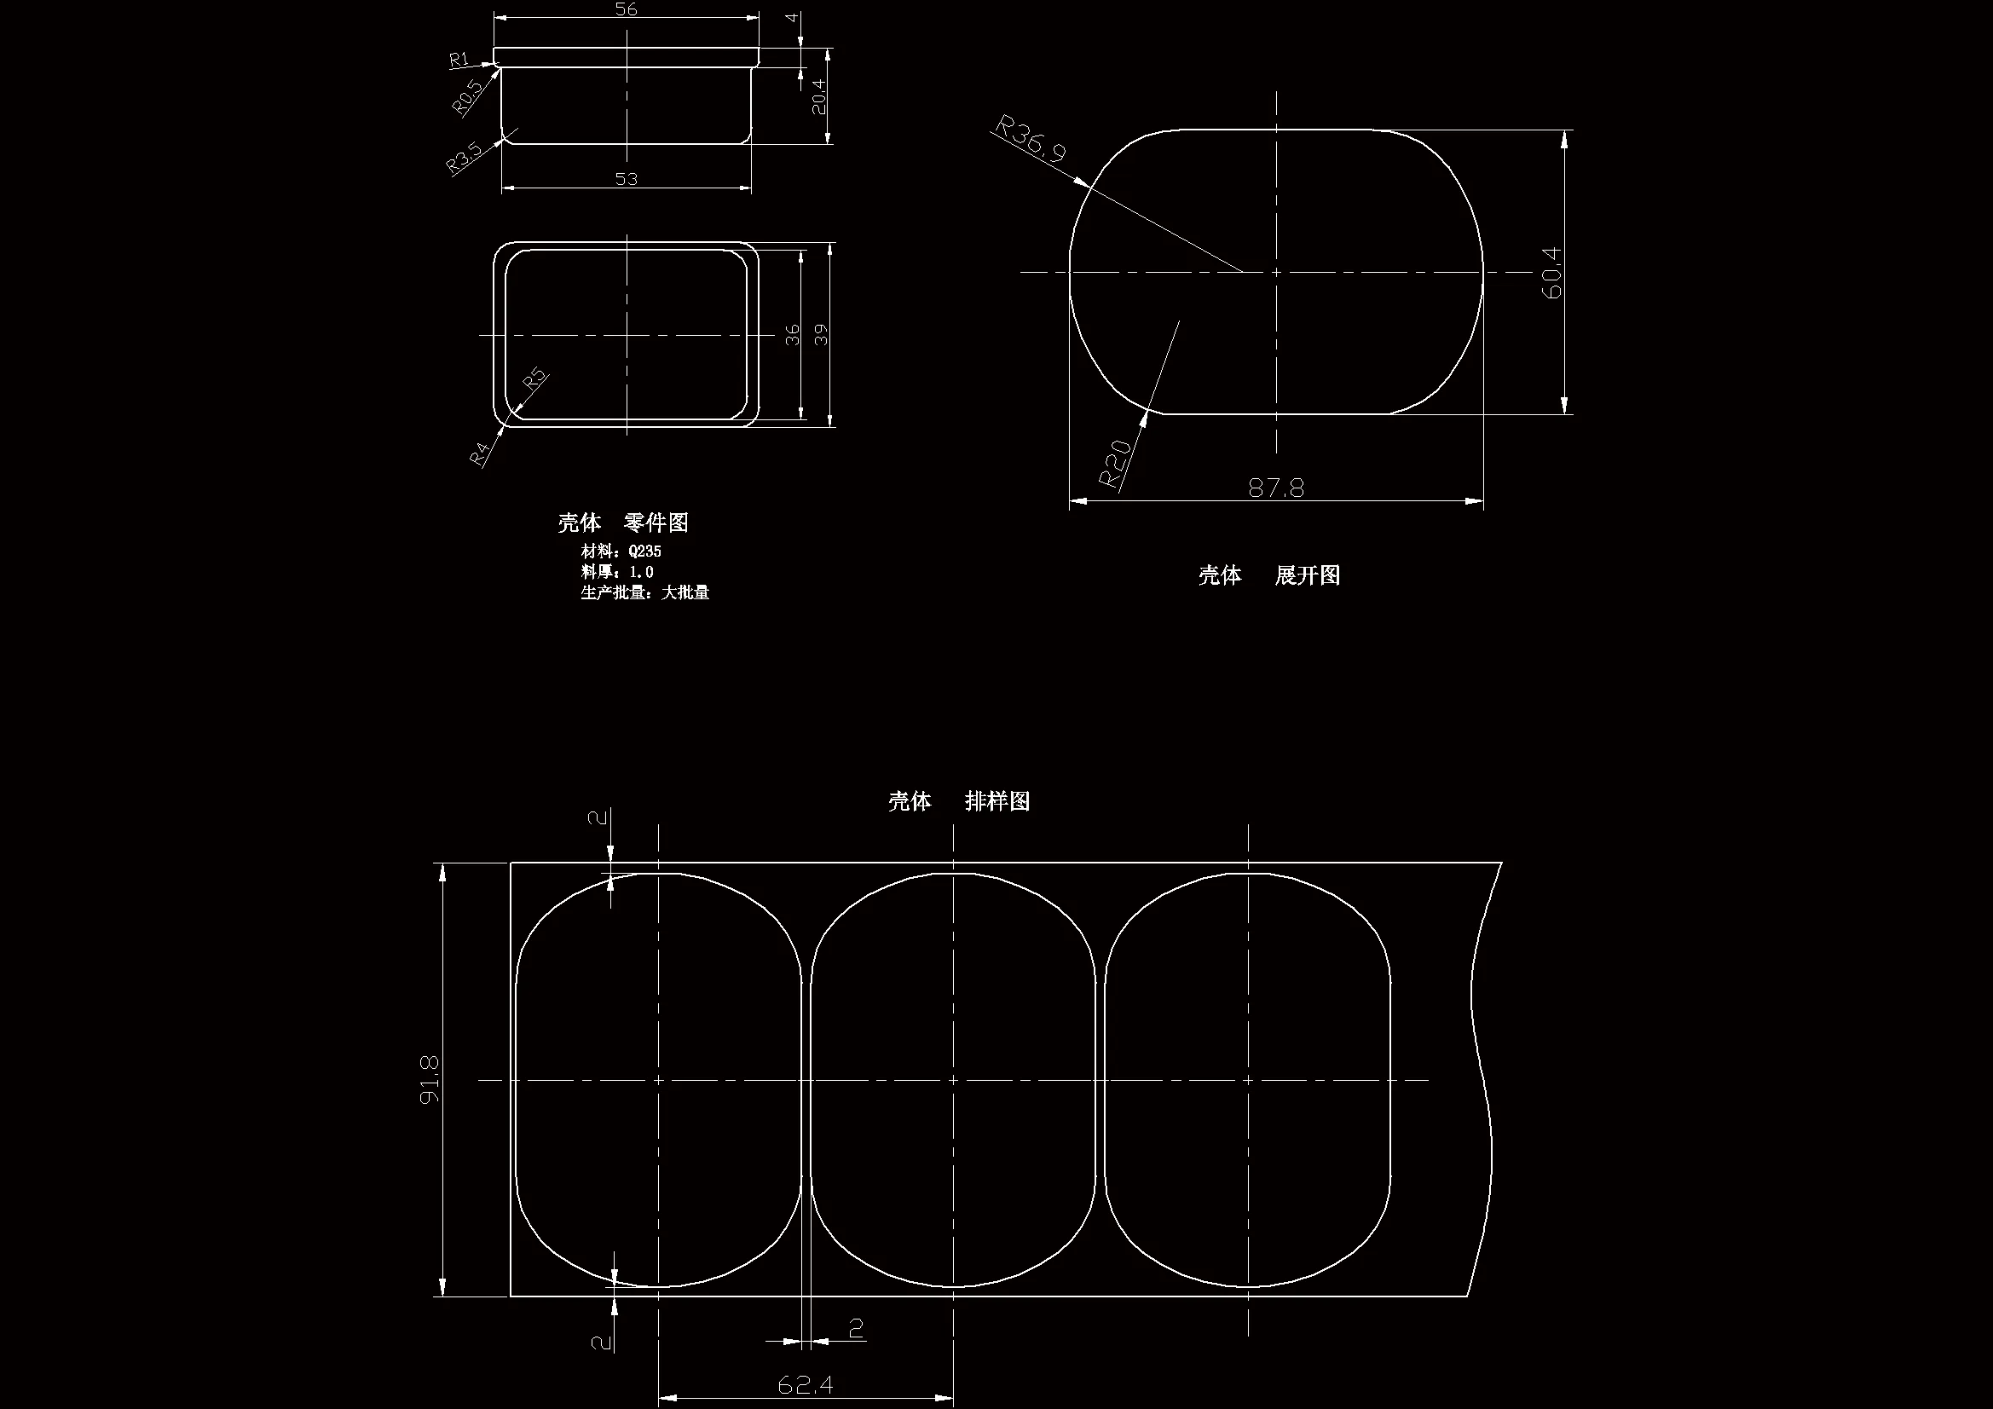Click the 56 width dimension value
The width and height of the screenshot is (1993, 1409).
(x=626, y=9)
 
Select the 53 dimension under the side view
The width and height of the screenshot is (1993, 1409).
(x=626, y=179)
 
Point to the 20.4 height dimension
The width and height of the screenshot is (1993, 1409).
(x=818, y=97)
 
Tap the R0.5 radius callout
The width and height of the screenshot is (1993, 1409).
(x=467, y=97)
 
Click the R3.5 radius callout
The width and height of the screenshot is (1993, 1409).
(x=464, y=158)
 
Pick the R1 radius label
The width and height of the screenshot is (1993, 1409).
(x=459, y=59)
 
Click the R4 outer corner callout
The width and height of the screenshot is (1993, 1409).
(x=480, y=453)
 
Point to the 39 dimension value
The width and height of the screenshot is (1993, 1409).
(x=821, y=334)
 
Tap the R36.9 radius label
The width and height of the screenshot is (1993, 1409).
(x=1031, y=139)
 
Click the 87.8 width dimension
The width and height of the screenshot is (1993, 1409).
(x=1276, y=488)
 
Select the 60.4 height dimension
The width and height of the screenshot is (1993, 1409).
(x=1551, y=273)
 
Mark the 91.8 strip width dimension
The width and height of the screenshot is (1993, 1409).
(x=430, y=1079)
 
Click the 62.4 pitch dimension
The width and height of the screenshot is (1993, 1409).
(x=805, y=1383)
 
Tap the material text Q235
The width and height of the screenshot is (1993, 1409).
(x=644, y=551)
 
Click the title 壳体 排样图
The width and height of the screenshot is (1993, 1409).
(x=958, y=801)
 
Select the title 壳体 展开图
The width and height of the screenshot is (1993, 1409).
(x=1268, y=575)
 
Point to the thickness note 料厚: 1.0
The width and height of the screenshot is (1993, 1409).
(x=616, y=572)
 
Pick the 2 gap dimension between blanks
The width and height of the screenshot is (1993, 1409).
(x=856, y=1328)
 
